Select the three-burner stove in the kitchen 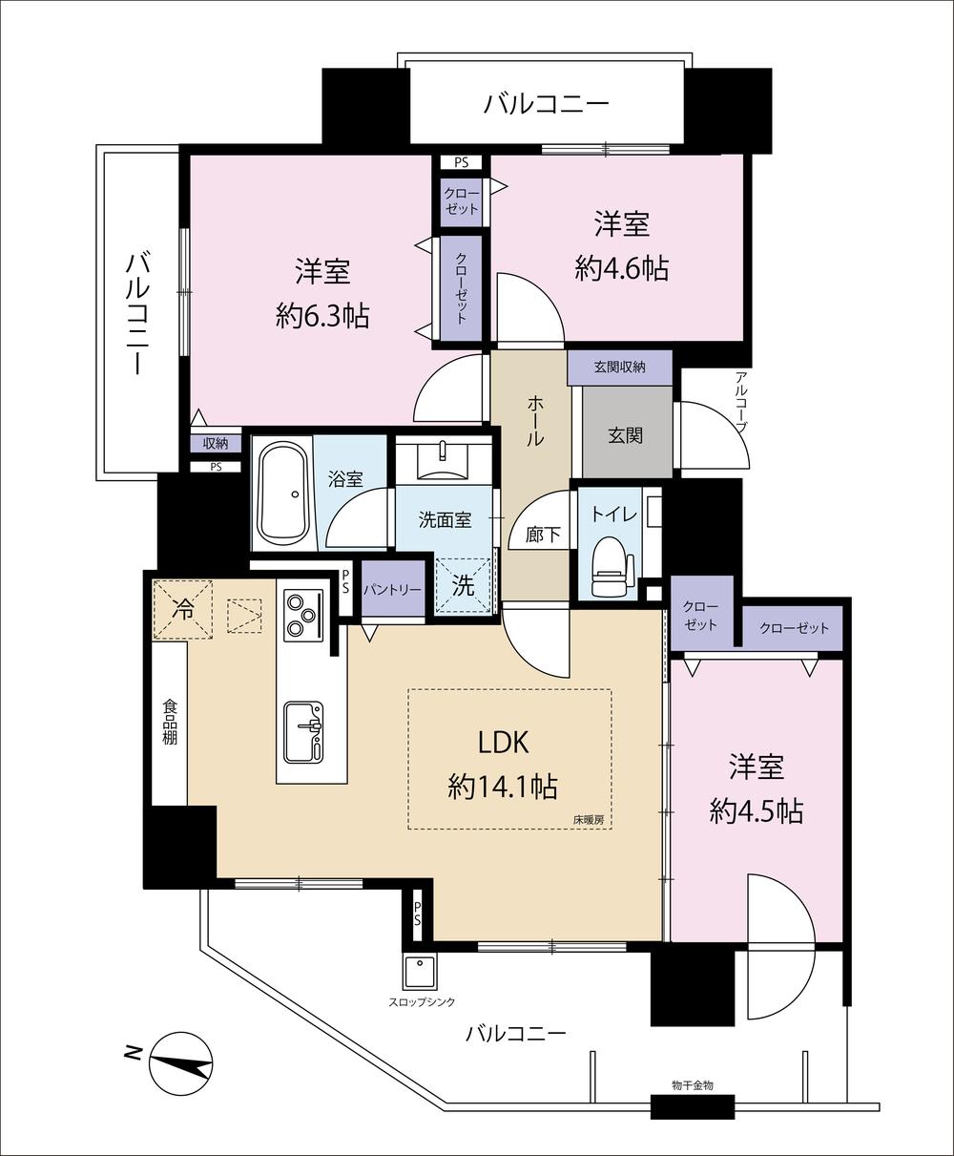point(303,615)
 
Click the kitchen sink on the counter point(303,733)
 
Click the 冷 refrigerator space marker point(182,610)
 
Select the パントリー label point(392,590)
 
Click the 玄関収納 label point(619,368)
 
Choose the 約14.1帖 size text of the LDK point(503,787)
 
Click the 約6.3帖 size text point(322,317)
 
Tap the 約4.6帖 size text point(621,268)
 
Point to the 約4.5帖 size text point(757,811)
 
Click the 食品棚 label point(170,722)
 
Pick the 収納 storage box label point(216,444)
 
